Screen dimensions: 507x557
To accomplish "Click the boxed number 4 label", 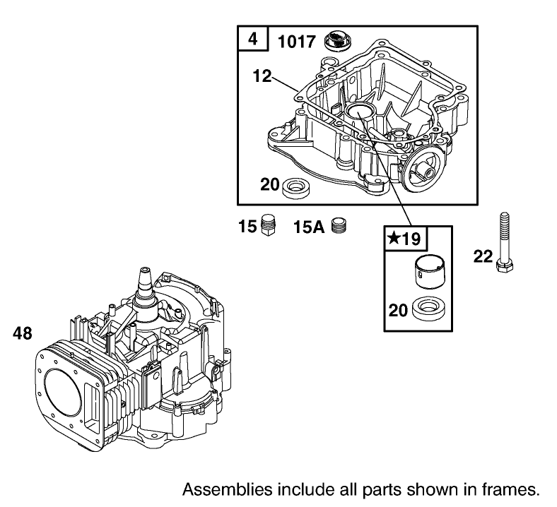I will tap(252, 40).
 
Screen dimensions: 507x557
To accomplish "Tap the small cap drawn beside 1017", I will tap(338, 41).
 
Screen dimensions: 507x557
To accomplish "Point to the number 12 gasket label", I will tap(262, 76).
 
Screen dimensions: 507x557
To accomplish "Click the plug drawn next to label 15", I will tap(267, 226).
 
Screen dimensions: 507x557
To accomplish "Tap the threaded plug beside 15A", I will tap(341, 227).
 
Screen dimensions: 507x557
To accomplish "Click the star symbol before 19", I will tap(392, 238).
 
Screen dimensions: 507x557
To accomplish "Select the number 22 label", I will tap(483, 257).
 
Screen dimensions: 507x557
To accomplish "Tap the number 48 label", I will tap(23, 333).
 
